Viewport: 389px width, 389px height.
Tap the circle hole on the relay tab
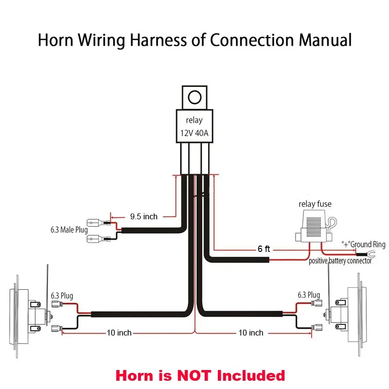(194, 96)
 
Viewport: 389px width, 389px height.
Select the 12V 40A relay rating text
(194, 133)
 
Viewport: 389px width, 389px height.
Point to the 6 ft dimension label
(264, 248)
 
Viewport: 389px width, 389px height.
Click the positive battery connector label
(340, 261)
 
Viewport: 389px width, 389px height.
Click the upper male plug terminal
(100, 224)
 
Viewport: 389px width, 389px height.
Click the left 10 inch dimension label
(119, 333)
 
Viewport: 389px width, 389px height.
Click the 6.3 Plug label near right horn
(309, 295)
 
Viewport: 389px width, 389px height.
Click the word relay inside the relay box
(194, 120)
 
